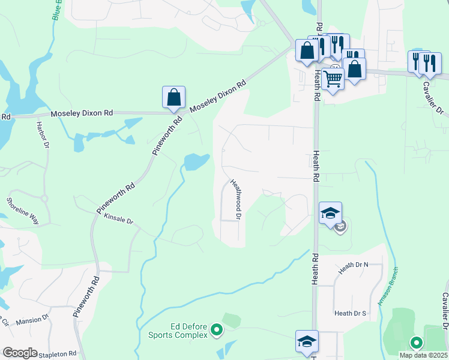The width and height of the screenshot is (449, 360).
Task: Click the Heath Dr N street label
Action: [x=352, y=268]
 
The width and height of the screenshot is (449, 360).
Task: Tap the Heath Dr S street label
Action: [x=351, y=313]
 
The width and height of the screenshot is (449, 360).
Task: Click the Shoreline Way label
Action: [x=23, y=211]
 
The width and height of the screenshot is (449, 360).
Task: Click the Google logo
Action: [x=19, y=353]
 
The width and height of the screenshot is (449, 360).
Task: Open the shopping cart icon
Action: [x=333, y=78]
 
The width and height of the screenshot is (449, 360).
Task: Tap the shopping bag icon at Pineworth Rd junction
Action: [x=173, y=97]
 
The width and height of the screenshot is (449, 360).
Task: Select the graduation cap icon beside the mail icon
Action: [x=330, y=213]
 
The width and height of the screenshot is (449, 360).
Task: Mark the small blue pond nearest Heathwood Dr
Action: [x=196, y=161]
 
